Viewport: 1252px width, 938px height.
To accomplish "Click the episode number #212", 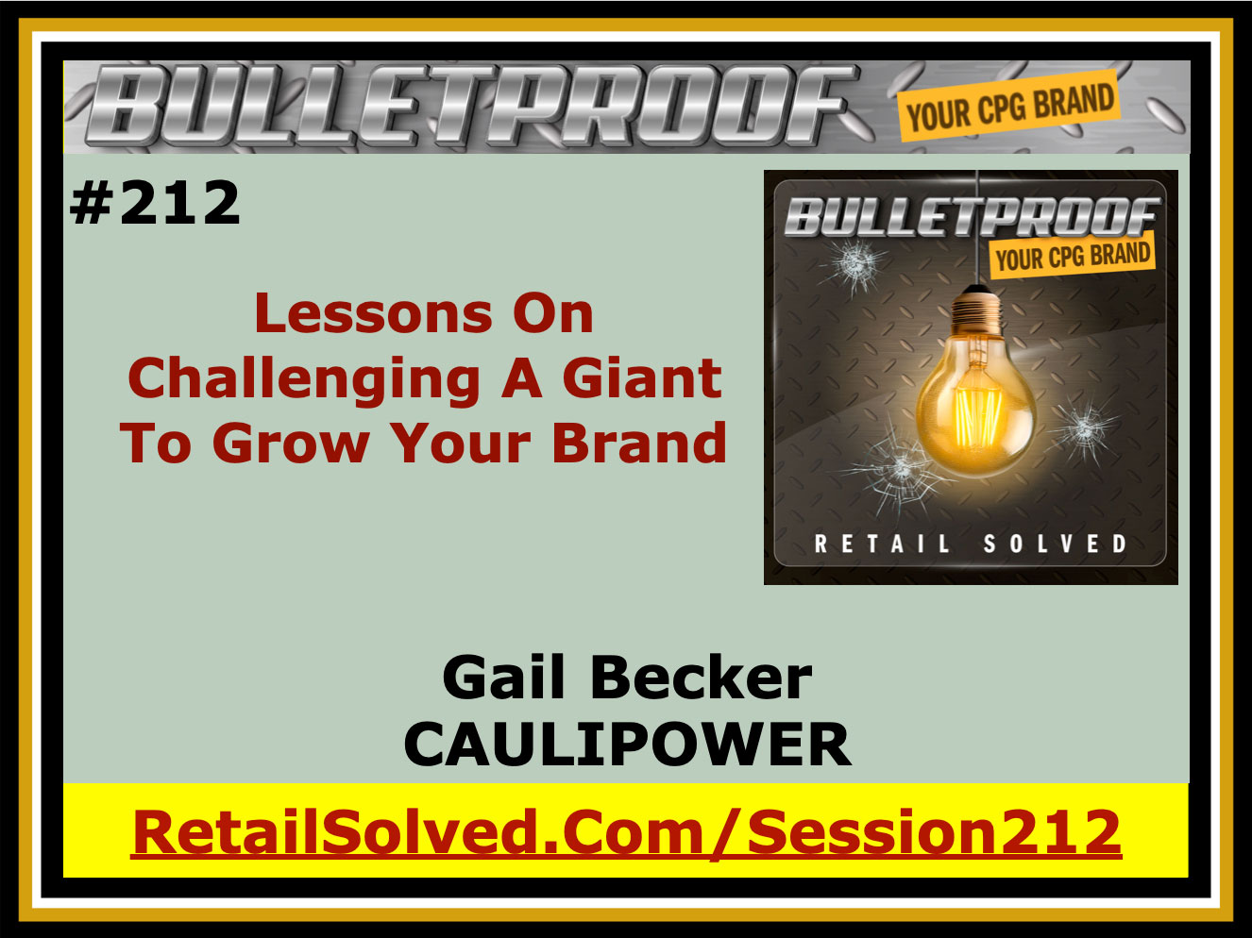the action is [x=155, y=202].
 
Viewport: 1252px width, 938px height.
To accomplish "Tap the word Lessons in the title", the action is [x=373, y=313].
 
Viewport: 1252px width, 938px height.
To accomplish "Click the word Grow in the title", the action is [x=291, y=444].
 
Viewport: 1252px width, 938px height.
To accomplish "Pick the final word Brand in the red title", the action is [x=639, y=443].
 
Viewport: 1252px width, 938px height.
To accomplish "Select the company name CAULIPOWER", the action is [x=628, y=745].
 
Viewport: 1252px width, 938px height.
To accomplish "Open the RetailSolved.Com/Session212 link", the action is [x=626, y=833].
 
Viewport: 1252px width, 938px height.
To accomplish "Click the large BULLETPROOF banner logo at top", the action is [x=471, y=105].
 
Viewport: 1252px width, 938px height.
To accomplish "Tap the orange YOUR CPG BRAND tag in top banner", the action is [x=1009, y=106].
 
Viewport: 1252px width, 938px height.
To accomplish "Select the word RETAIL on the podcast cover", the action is [x=883, y=544].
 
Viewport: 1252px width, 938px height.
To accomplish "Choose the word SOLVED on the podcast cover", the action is [x=1056, y=544].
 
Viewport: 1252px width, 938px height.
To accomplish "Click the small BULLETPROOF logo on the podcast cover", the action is [x=972, y=216].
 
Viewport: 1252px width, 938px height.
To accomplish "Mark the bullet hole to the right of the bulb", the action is [x=1084, y=431].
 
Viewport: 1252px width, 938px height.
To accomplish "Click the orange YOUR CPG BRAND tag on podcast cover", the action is [x=1073, y=256].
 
